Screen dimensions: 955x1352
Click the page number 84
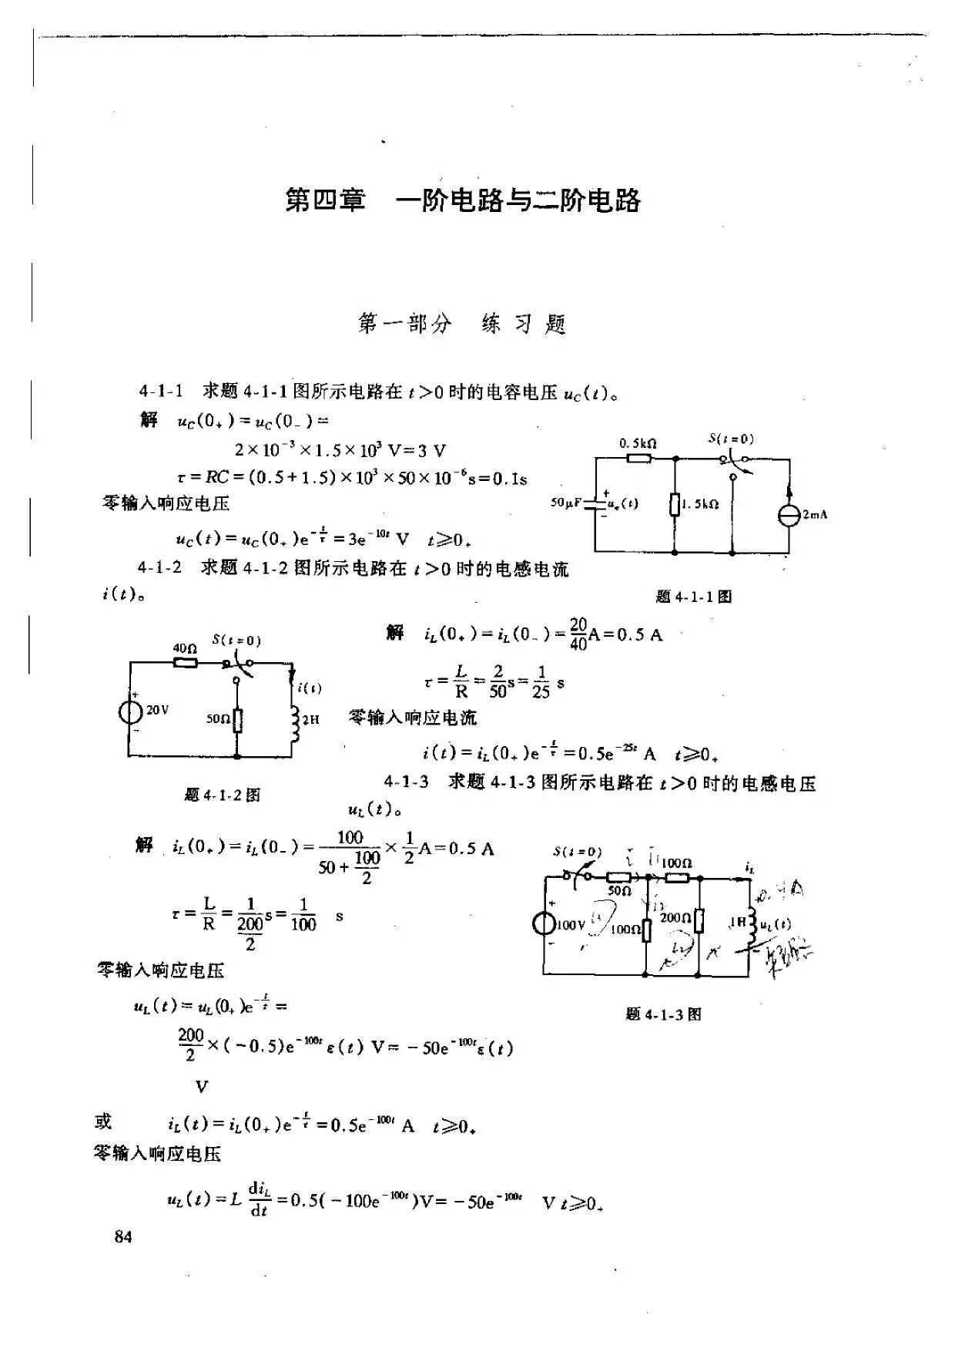click(x=123, y=1237)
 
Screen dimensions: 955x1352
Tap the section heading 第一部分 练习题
click(x=462, y=324)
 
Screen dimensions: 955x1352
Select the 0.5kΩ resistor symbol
click(x=639, y=459)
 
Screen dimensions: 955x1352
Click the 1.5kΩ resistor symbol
click(x=674, y=505)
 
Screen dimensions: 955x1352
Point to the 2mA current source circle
click(x=789, y=515)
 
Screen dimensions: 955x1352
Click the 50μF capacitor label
click(x=568, y=503)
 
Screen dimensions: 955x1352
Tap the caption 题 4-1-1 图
click(x=693, y=596)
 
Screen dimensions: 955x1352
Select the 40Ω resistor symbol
click(x=185, y=662)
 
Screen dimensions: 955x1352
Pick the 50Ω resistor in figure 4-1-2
click(x=238, y=720)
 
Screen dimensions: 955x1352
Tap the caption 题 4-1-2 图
click(x=223, y=795)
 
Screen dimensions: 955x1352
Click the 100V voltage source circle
click(x=545, y=923)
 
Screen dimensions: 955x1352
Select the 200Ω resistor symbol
click(x=699, y=920)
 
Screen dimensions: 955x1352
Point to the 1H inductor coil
click(x=750, y=923)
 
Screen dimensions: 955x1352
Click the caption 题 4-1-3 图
click(x=664, y=1014)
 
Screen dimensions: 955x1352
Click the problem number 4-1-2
click(x=160, y=568)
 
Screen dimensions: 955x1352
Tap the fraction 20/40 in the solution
click(x=578, y=634)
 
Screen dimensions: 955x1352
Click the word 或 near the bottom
click(x=104, y=1122)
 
